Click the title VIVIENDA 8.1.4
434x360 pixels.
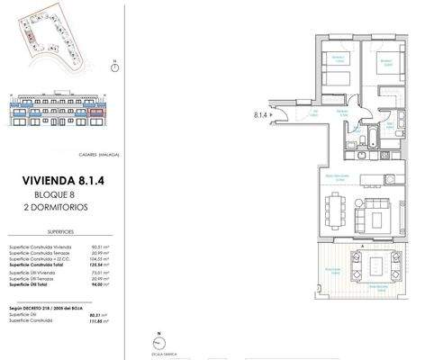[x=74, y=180]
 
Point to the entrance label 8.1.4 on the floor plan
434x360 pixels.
[x=262, y=114]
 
